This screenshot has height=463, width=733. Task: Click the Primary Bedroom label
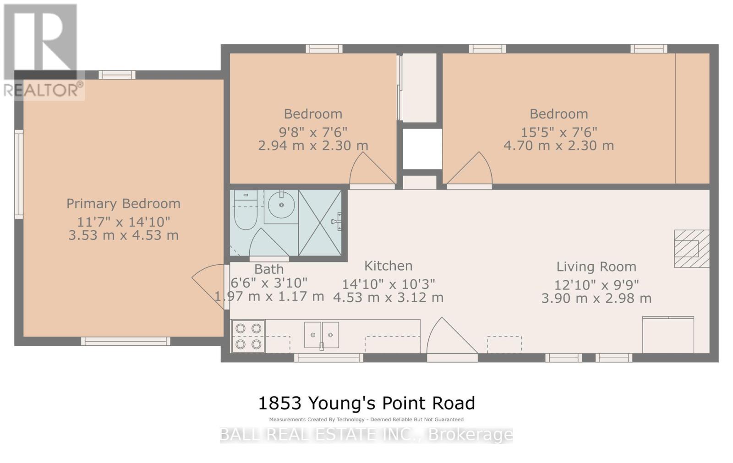[x=123, y=204]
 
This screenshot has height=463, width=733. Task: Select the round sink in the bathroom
[x=281, y=207]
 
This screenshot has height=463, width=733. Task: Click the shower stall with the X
[x=320, y=223]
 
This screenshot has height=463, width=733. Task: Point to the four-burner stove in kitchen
[x=248, y=336]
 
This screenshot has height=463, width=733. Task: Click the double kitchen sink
[x=322, y=335]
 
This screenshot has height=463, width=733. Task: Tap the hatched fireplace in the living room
[x=691, y=249]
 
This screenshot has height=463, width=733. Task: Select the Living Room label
[x=596, y=267]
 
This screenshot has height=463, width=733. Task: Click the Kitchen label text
[x=388, y=266]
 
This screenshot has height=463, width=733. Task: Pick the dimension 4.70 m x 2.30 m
[x=558, y=146]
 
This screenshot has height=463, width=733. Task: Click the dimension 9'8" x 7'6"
[x=313, y=132]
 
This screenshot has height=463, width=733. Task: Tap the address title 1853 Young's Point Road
[x=366, y=403]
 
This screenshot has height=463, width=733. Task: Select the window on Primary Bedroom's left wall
[x=19, y=174]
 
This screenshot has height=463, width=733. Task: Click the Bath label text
[x=269, y=269]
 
